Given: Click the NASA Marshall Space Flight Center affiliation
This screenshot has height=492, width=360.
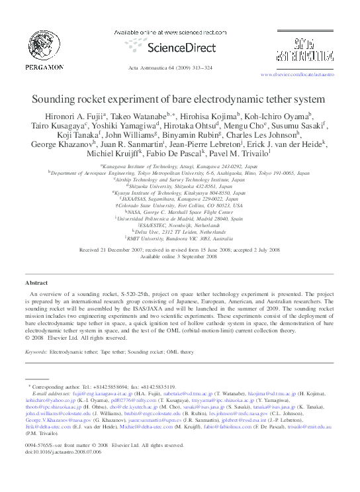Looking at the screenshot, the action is [180, 211].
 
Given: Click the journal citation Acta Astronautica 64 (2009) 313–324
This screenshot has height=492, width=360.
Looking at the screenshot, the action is [180, 68].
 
